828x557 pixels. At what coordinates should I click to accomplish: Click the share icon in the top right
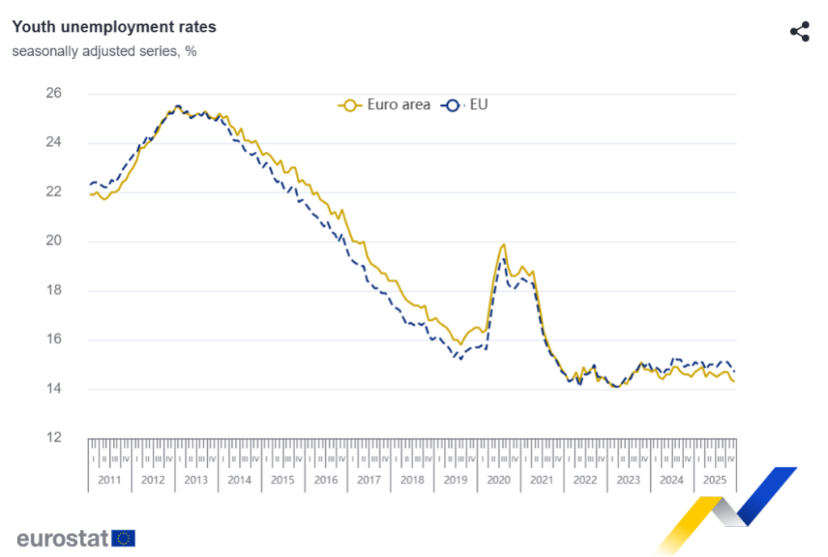pyautogui.click(x=799, y=32)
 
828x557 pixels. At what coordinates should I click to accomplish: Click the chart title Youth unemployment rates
pyautogui.click(x=114, y=27)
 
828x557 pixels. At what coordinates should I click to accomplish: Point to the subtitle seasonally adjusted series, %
pyautogui.click(x=104, y=51)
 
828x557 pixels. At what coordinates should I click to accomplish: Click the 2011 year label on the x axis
pyautogui.click(x=109, y=479)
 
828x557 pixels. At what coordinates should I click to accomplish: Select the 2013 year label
pyautogui.click(x=196, y=479)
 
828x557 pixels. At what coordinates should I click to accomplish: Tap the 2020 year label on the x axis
pyautogui.click(x=498, y=479)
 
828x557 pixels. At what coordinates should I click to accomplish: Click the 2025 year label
pyautogui.click(x=714, y=479)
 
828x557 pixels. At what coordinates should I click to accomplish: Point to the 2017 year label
pyautogui.click(x=369, y=479)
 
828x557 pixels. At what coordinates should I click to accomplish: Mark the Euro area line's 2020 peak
pyautogui.click(x=504, y=244)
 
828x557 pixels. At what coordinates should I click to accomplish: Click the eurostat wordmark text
pyautogui.click(x=62, y=538)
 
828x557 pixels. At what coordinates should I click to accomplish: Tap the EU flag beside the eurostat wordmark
pyautogui.click(x=124, y=538)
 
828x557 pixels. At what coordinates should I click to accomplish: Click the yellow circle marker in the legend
pyautogui.click(x=350, y=104)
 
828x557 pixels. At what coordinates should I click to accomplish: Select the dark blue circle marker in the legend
pyautogui.click(x=452, y=104)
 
